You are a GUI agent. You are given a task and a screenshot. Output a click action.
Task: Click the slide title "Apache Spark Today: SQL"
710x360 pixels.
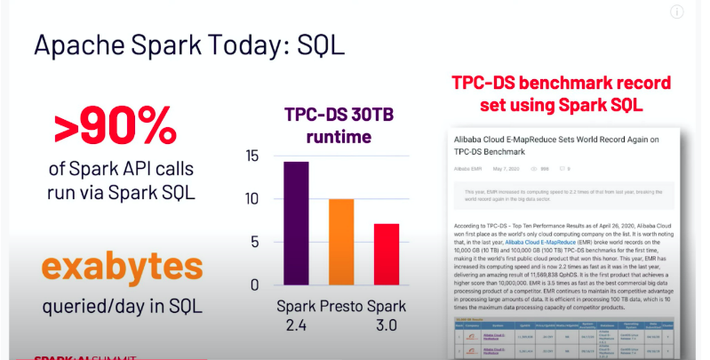(187, 45)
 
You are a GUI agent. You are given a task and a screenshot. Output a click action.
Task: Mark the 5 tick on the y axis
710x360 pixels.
(255, 242)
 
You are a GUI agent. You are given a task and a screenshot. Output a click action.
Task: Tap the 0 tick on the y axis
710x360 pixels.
(255, 284)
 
